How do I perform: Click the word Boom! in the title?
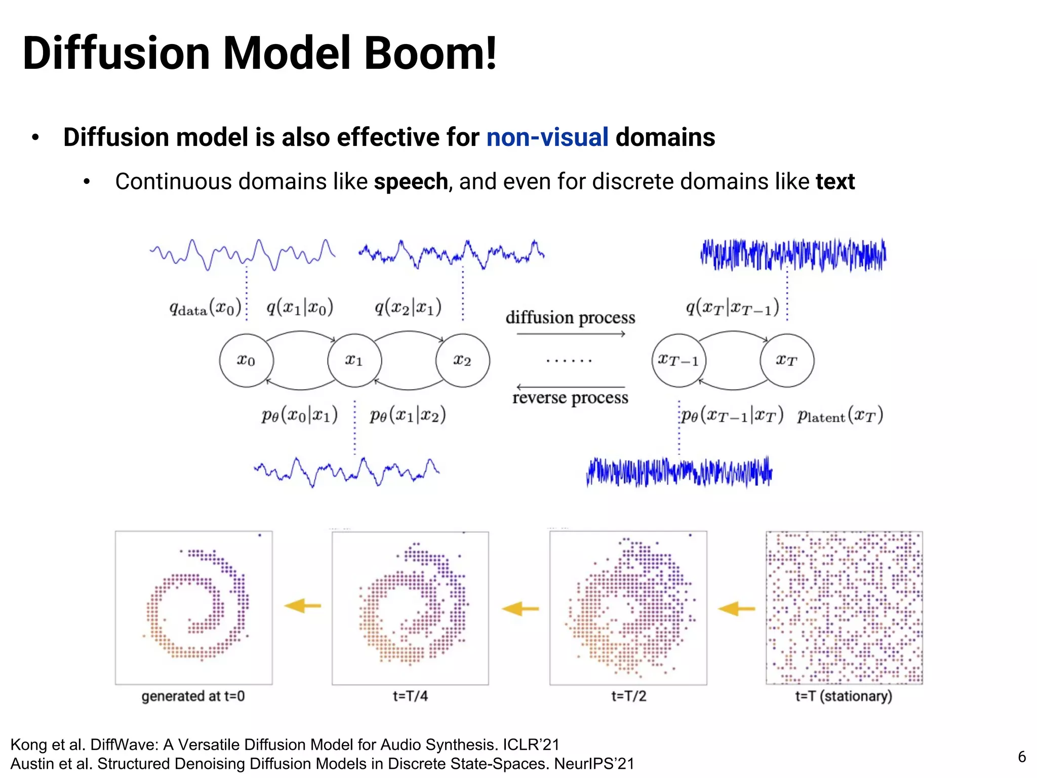(430, 53)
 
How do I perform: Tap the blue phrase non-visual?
(547, 137)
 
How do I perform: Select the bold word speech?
(411, 181)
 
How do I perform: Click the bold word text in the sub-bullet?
(835, 181)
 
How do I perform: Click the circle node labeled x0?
(246, 360)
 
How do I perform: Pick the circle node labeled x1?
(354, 360)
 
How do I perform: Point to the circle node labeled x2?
(462, 360)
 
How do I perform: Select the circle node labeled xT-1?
(679, 360)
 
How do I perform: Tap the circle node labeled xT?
(787, 360)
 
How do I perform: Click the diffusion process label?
(570, 318)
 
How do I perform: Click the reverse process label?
(570, 398)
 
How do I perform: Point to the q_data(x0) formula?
(205, 308)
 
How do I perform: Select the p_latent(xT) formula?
(840, 415)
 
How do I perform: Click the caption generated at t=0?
(193, 696)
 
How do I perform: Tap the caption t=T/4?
(410, 696)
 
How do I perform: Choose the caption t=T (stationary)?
(844, 696)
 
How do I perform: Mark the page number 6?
(1022, 757)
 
